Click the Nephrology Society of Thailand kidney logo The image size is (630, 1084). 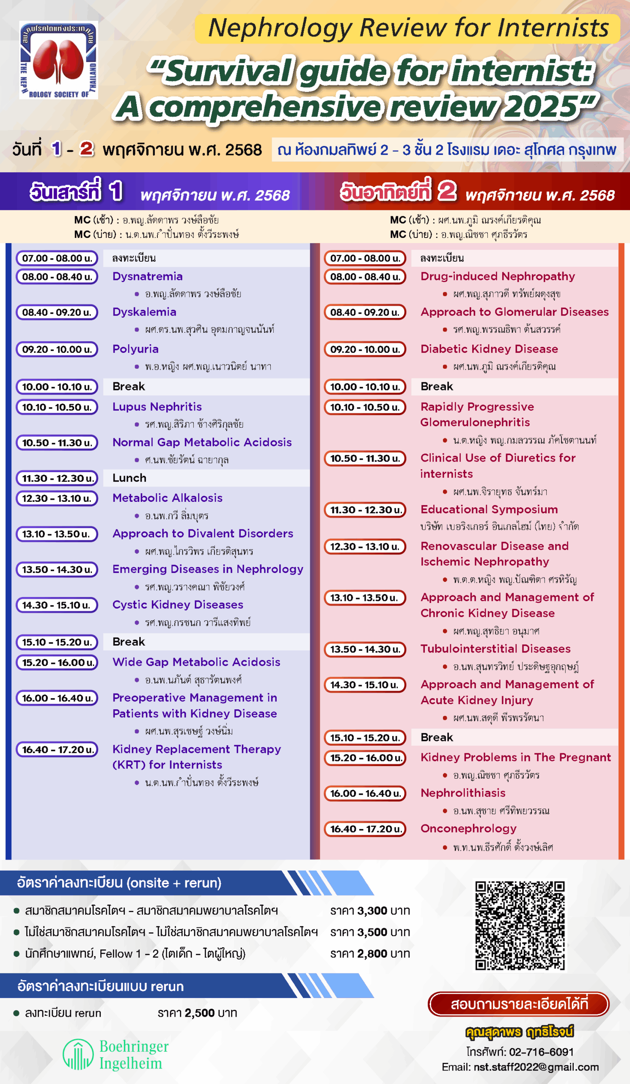[58, 60]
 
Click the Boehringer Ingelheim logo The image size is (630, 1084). [116, 1054]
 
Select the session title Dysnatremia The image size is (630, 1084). [147, 276]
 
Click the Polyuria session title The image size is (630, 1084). [135, 349]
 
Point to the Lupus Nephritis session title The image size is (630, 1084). [157, 406]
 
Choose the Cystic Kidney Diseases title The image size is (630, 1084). [177, 604]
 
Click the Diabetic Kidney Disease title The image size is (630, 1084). [489, 349]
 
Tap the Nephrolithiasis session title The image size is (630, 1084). [463, 793]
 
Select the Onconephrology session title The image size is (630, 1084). [468, 829]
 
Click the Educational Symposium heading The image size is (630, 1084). [489, 509]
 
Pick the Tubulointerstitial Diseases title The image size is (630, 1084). [495, 649]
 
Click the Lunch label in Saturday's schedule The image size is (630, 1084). [129, 478]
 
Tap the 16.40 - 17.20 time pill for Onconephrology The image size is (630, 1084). [365, 829]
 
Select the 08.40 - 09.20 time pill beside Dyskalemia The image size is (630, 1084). [57, 312]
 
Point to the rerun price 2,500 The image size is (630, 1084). [199, 1013]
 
